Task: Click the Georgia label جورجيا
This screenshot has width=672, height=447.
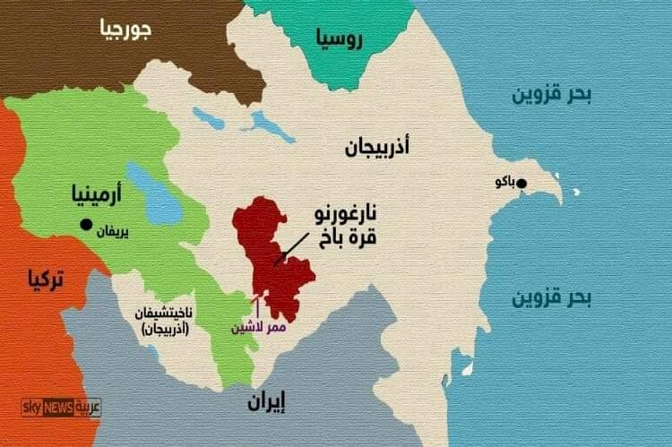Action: click(x=124, y=30)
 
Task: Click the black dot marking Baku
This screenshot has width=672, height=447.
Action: click(x=522, y=185)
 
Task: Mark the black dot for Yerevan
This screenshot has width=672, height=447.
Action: click(x=86, y=224)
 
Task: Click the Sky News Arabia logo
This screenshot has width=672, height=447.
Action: click(x=61, y=408)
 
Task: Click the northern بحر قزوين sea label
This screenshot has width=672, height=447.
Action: click(x=552, y=94)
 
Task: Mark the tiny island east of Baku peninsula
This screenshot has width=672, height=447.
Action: click(x=577, y=191)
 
